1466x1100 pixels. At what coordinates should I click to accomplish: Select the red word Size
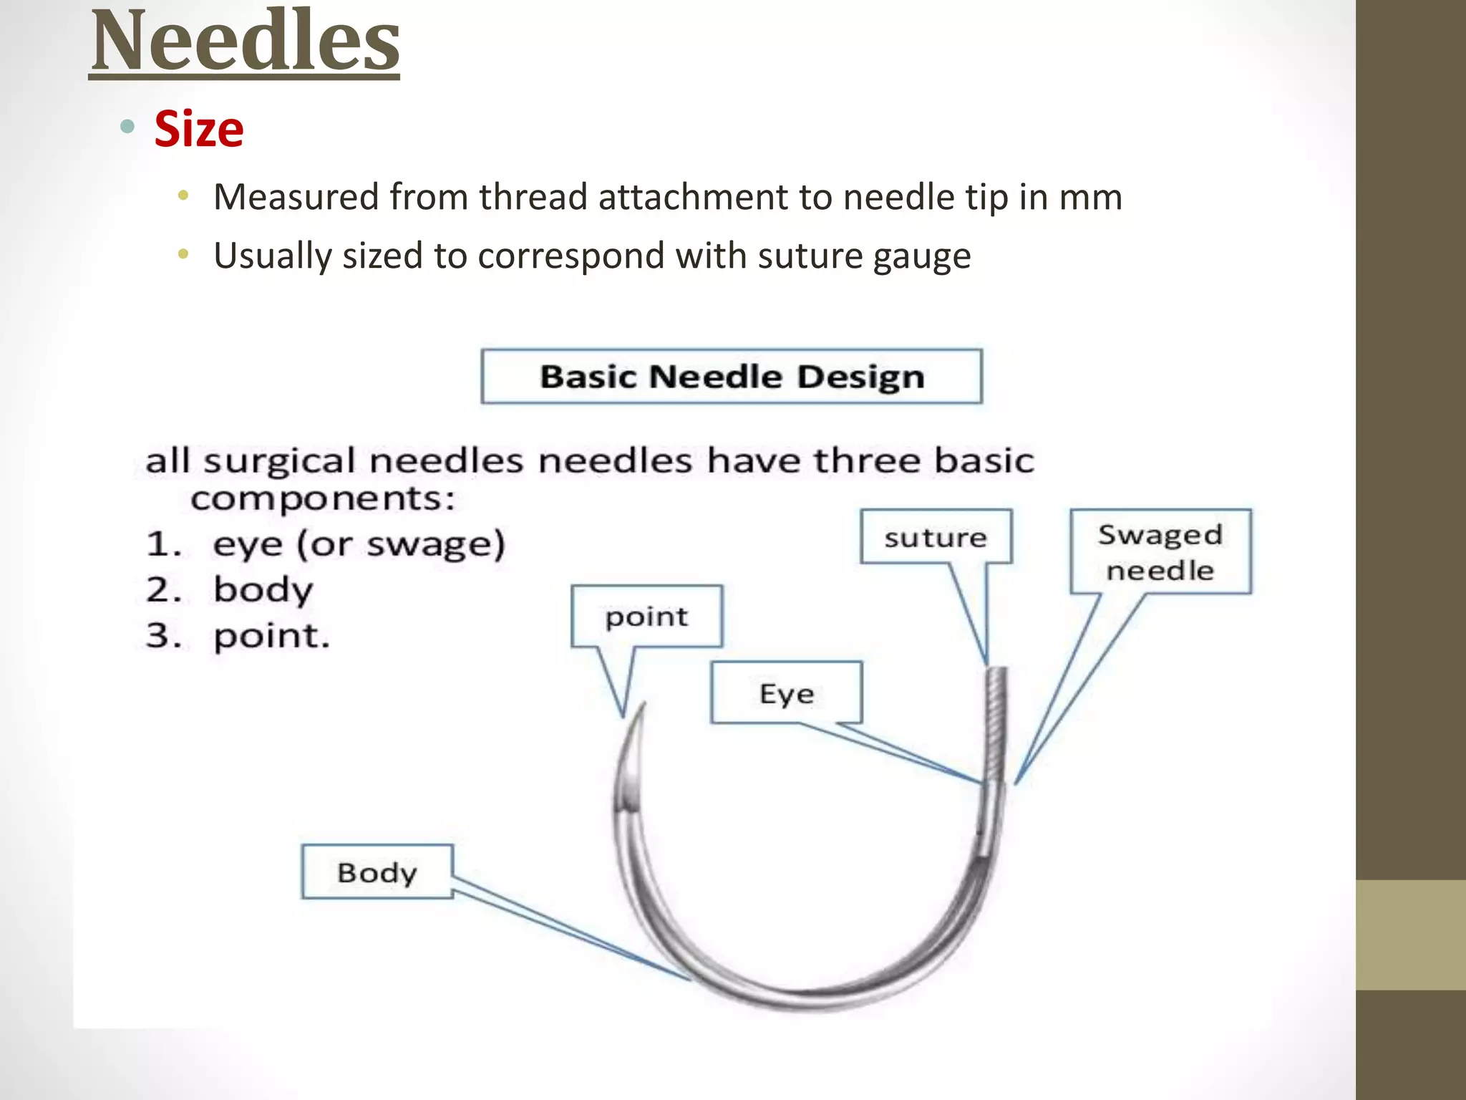(199, 130)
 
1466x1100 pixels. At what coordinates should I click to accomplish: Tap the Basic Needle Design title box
(732, 377)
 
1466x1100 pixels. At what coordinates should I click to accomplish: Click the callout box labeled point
(646, 617)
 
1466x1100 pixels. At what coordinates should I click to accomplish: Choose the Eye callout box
(787, 693)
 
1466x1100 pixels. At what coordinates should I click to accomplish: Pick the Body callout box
(377, 872)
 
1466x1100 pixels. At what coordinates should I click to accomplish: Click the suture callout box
(936, 537)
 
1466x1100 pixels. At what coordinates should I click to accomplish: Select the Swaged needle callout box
(1160, 551)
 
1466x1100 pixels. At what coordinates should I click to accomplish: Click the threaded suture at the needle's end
(996, 723)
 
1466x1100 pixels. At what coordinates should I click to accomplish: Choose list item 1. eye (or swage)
(326, 544)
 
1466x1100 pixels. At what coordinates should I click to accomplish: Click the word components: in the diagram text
(323, 498)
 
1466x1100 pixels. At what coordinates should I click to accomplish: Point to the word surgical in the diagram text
(278, 461)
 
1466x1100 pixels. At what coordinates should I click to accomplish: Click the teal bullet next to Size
(128, 127)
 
